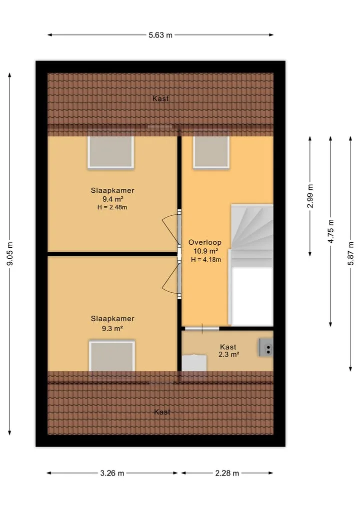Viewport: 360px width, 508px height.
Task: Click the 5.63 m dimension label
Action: coord(160,35)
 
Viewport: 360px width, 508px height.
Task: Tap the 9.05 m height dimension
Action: coord(10,254)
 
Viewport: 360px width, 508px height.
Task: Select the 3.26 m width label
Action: coord(112,473)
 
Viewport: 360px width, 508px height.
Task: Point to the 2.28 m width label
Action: coord(227,473)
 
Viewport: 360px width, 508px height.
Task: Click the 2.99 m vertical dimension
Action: coord(310,196)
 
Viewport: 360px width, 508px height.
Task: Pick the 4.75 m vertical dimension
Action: coord(330,231)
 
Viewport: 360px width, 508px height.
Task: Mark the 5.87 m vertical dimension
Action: coord(350,254)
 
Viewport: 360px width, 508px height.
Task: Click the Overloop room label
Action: coord(205,242)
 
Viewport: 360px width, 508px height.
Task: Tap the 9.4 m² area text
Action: coord(112,199)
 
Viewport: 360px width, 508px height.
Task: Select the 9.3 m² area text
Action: coord(112,328)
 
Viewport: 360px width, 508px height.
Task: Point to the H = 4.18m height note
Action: coord(206,260)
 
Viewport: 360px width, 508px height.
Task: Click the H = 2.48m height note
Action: coord(112,207)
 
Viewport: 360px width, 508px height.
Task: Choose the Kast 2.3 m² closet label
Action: coord(228,351)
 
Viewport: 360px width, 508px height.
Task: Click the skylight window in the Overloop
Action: coord(211,152)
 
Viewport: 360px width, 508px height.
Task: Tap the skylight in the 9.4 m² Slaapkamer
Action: coord(110,152)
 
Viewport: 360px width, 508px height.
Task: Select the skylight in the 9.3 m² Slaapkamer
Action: coord(112,356)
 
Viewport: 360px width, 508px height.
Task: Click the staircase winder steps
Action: coord(251,231)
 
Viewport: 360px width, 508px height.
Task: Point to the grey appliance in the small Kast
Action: coord(266,348)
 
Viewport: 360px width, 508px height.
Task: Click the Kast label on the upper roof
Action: coord(160,98)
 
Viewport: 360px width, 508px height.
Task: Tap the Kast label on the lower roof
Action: coord(162,412)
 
